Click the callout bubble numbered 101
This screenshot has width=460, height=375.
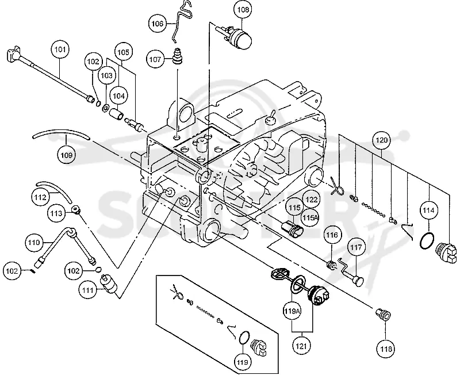(x=60, y=49)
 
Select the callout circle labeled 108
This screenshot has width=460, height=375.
(x=243, y=10)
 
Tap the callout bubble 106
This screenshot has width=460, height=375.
(x=157, y=23)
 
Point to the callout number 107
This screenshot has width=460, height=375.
(x=155, y=59)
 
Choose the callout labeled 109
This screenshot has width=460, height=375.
(x=66, y=155)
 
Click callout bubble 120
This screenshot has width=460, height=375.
(x=382, y=140)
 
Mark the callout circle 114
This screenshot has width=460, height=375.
(x=428, y=211)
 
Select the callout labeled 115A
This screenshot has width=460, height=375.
(x=310, y=217)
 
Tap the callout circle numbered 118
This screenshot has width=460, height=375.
(x=386, y=349)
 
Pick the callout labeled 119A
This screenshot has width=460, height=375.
(x=292, y=311)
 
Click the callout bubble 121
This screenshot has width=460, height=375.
(x=301, y=346)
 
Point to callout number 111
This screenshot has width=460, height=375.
(x=88, y=290)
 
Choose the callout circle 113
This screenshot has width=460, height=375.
(x=56, y=213)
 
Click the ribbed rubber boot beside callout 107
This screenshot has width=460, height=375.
(x=177, y=56)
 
